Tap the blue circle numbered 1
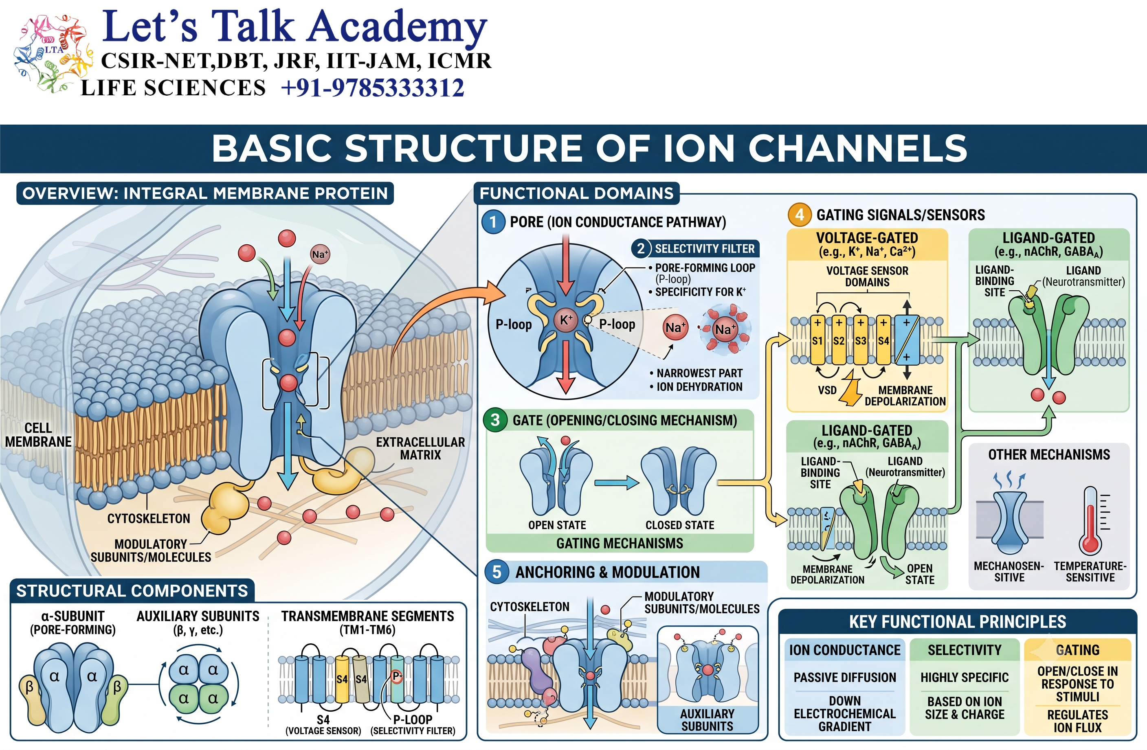493,222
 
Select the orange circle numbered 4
800,215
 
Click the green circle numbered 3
495,420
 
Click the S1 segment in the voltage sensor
817,340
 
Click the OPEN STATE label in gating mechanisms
557,525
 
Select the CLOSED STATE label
680,525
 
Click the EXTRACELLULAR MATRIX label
420,448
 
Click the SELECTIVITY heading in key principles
965,650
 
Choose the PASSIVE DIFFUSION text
845,677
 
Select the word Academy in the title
397,28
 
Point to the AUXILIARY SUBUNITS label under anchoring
708,720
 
